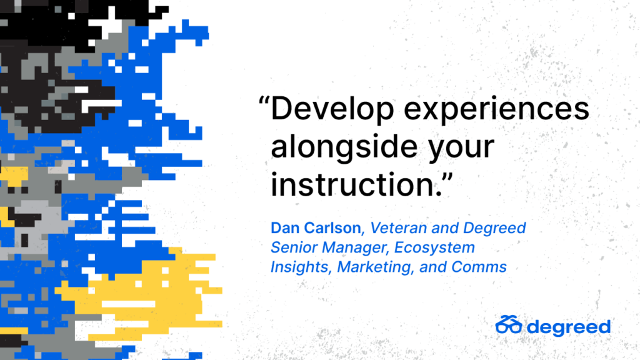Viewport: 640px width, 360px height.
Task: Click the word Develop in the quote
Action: click(332, 109)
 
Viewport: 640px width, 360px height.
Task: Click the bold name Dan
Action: click(285, 227)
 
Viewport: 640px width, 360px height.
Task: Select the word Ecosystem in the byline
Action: click(434, 247)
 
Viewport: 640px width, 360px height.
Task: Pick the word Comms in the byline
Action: click(479, 267)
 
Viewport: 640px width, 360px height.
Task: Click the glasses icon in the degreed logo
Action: click(509, 324)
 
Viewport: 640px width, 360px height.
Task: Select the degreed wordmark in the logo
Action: click(569, 327)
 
